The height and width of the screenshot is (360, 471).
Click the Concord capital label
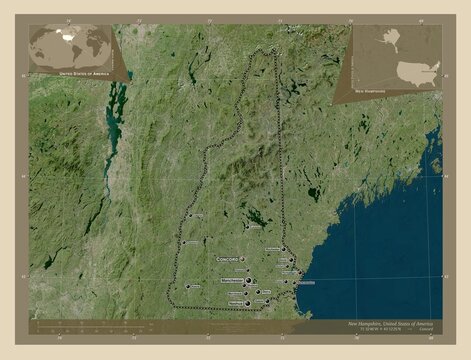click(227, 258)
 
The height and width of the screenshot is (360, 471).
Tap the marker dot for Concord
click(242, 258)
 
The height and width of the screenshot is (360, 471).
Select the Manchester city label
click(232, 281)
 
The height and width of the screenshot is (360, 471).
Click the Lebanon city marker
click(189, 214)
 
